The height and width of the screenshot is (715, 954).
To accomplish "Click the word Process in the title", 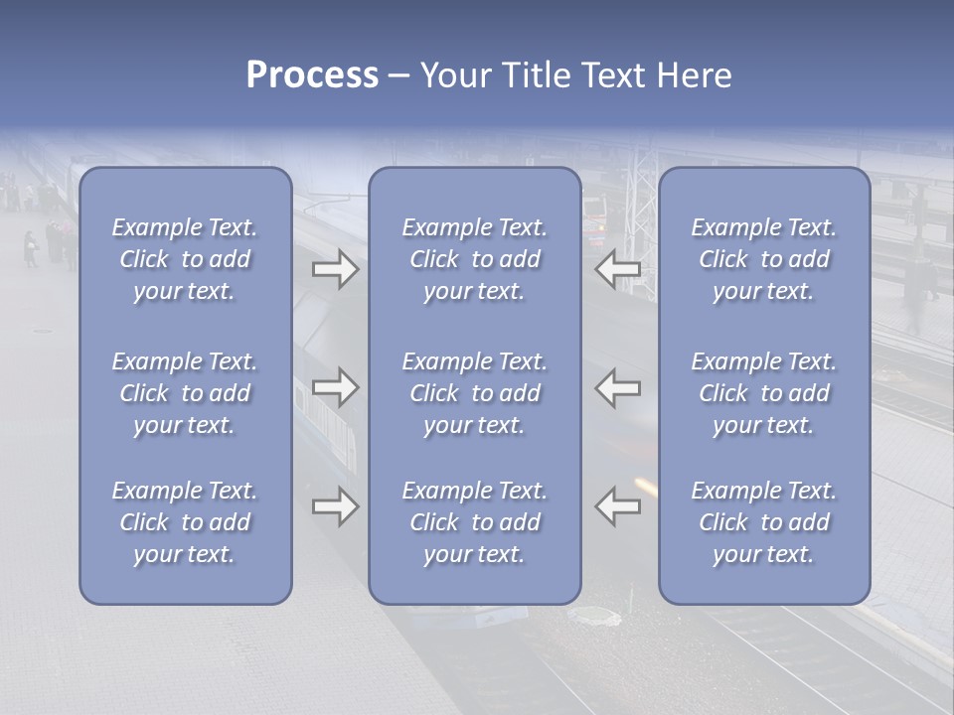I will click(312, 75).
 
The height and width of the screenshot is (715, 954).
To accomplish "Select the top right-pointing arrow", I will click(336, 268).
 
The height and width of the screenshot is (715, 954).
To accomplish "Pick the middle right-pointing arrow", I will click(336, 387).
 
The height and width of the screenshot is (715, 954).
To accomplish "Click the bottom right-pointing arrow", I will click(336, 506).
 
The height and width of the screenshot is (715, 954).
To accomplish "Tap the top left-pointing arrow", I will click(618, 268).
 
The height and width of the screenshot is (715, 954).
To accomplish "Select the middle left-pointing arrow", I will click(618, 387).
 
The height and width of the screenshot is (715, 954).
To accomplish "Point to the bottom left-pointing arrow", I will click(618, 506).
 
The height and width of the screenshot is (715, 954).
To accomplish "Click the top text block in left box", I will click(185, 259).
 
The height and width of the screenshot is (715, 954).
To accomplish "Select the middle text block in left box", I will click(185, 393).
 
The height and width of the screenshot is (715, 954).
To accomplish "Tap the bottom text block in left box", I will click(185, 522).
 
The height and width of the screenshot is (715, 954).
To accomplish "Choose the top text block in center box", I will click(475, 259).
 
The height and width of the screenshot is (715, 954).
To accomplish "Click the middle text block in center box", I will click(475, 393).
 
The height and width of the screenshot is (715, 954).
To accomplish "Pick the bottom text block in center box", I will click(475, 522).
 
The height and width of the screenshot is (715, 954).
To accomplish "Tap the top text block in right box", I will click(764, 259).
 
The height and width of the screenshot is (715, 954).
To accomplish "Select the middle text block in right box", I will click(764, 393).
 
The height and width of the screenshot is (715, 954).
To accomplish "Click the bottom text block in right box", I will click(764, 522).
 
